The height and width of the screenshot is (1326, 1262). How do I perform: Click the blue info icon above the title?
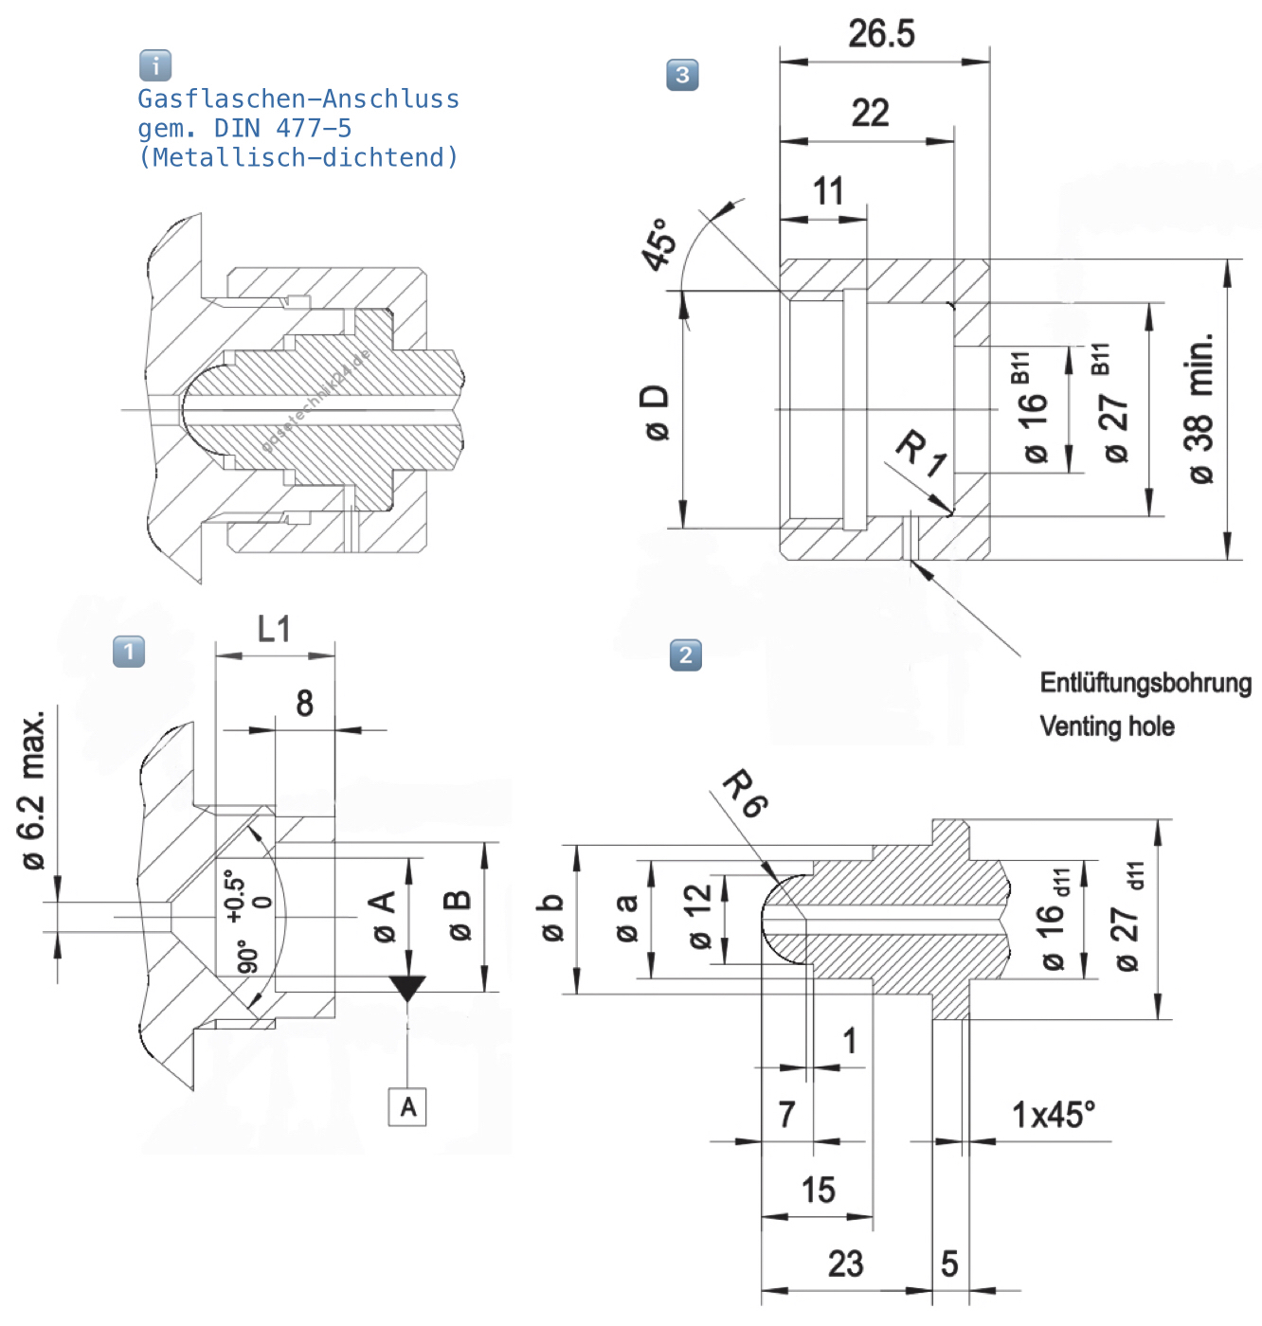click(x=155, y=65)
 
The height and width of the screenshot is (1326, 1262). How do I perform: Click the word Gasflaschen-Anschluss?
click(x=298, y=99)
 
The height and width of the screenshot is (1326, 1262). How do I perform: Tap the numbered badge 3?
click(x=682, y=75)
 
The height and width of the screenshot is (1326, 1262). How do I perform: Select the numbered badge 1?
click(x=129, y=652)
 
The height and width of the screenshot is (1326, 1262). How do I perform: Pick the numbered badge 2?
click(x=686, y=654)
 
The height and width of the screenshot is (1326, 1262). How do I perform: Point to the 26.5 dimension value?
click(x=881, y=34)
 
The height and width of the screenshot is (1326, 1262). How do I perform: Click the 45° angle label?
click(x=659, y=243)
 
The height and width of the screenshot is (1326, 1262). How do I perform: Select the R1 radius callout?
click(x=921, y=453)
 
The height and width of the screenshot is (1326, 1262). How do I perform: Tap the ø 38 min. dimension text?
click(x=1199, y=408)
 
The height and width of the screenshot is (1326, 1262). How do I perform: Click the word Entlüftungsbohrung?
click(x=1145, y=683)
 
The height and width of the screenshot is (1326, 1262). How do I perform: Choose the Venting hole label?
click(x=1107, y=726)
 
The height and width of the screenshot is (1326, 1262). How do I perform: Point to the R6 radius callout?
click(x=746, y=794)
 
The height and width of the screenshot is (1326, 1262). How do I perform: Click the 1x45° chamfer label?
click(x=1053, y=1115)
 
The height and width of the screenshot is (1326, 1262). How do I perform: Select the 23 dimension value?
click(x=845, y=1263)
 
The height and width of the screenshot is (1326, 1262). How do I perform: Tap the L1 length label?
click(x=274, y=629)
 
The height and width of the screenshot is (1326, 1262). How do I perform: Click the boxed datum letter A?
click(x=407, y=1107)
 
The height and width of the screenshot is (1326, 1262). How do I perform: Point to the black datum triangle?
click(x=408, y=988)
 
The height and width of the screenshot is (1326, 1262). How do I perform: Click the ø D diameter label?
click(x=656, y=412)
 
